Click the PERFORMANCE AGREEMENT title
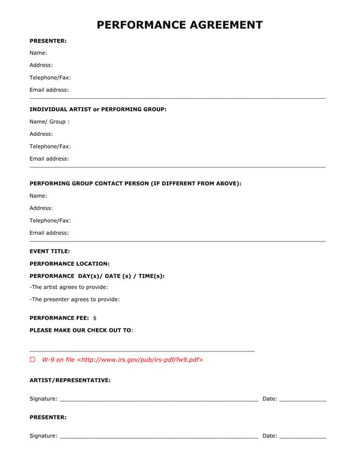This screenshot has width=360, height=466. point(180,25)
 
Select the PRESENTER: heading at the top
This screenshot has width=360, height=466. point(48,41)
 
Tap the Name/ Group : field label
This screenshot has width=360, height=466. point(49,121)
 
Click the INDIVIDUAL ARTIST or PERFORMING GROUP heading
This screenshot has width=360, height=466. point(98,109)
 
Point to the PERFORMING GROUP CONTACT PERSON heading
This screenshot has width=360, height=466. point(135,183)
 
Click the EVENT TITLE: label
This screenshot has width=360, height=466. point(50,251)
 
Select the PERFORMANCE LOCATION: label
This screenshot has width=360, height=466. point(69,264)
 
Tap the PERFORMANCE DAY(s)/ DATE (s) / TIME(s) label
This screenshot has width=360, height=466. point(97,276)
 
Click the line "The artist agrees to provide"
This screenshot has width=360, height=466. point(69,287)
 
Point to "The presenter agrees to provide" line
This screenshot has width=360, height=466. point(75,299)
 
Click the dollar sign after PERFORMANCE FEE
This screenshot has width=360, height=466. point(95,318)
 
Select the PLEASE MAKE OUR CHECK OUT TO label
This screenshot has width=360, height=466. point(81,330)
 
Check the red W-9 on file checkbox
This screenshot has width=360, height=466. point(33,360)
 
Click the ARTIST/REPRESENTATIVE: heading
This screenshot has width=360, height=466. point(70,380)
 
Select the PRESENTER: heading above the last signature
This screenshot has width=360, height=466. point(48,417)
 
